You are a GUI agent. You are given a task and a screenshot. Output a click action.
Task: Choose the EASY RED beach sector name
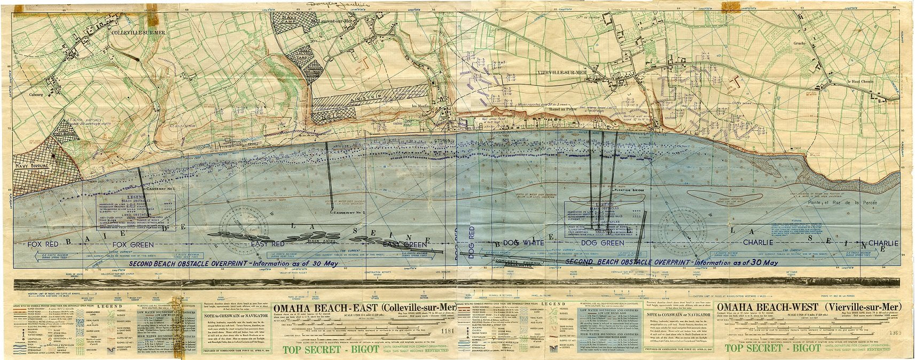[x=267, y=244]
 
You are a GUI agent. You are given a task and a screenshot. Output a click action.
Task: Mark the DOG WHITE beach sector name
[x=523, y=243]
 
